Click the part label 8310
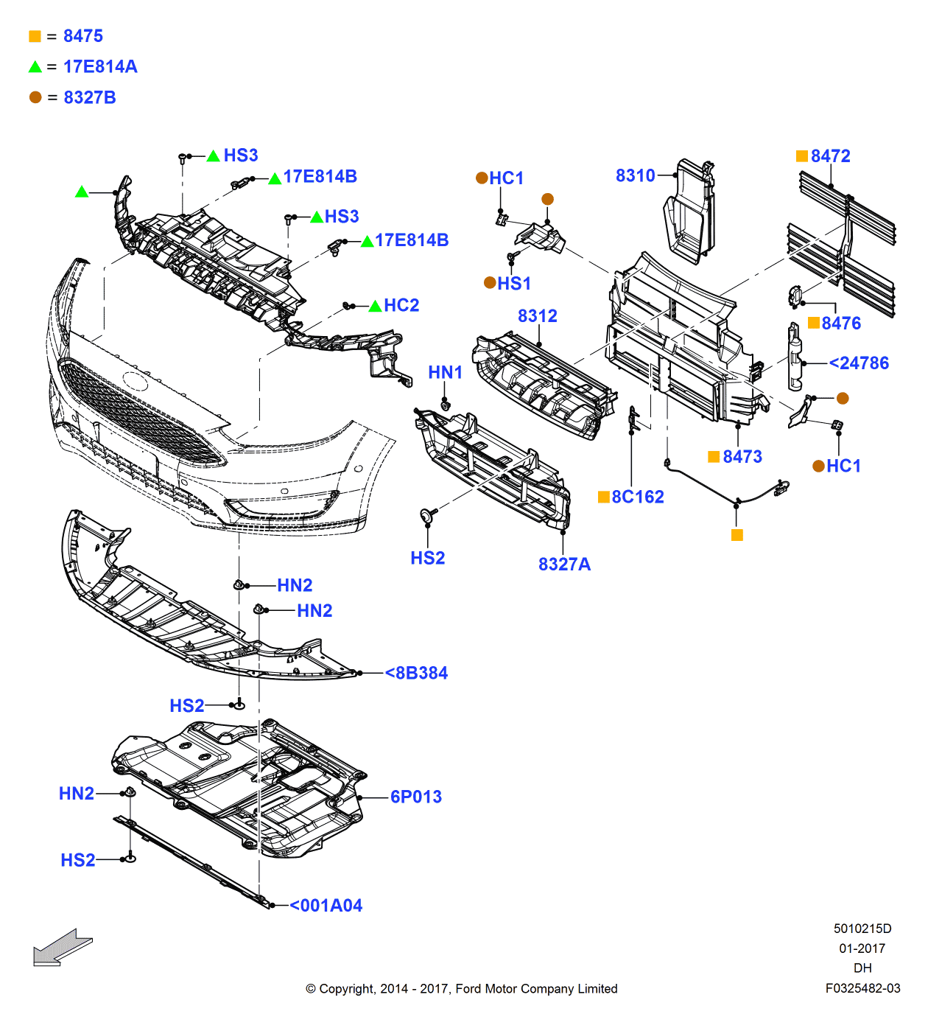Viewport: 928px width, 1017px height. click(x=635, y=175)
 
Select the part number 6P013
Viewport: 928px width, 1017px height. click(x=415, y=797)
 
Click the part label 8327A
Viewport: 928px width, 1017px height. click(x=564, y=565)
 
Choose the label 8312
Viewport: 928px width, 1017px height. click(x=537, y=316)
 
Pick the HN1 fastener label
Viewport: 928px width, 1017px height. click(x=445, y=373)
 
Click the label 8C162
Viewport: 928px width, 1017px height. click(x=637, y=497)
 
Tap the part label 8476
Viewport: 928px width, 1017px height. click(x=840, y=324)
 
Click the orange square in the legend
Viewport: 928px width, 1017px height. click(x=35, y=36)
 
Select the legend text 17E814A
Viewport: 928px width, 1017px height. click(x=100, y=67)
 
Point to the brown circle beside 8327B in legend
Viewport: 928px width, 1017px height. click(x=35, y=97)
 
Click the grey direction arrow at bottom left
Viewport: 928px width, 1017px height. click(x=62, y=947)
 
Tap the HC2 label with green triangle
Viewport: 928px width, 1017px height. click(x=401, y=306)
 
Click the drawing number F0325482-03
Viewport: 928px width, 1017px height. click(x=862, y=988)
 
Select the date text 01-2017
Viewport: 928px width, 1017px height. click(x=862, y=948)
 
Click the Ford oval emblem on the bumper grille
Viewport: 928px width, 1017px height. click(x=136, y=381)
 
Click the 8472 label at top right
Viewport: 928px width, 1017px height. click(x=830, y=156)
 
